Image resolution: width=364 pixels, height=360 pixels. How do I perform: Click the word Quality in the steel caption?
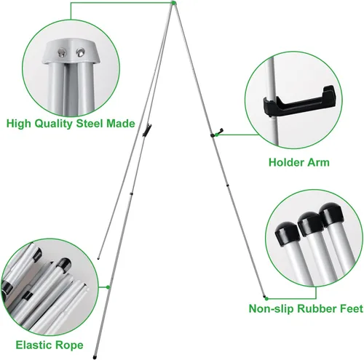pos(53,124)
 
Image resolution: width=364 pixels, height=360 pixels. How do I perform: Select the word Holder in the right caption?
pos(286,162)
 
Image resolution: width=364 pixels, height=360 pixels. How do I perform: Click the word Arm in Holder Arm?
pos(318,162)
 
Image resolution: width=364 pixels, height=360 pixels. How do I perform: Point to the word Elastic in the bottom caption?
pos(33,345)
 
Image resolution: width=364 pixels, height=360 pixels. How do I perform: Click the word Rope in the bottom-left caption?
pos(69,345)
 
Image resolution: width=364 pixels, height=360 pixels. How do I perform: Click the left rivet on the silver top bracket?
pos(62,52)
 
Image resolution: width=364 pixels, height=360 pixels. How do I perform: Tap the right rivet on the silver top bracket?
pos(80,52)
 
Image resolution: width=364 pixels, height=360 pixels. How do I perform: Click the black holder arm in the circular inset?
pos(300,101)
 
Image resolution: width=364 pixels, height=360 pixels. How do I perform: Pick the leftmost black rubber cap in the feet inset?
pos(288,233)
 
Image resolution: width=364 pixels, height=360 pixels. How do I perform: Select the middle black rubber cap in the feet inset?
pos(310,223)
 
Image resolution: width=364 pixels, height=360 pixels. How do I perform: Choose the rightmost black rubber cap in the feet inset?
pos(331,215)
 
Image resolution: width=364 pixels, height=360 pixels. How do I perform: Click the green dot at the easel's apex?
pos(173,3)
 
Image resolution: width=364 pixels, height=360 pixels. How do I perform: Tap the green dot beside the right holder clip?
pos(217,135)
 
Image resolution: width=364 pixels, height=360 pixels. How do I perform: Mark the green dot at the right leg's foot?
pos(266,298)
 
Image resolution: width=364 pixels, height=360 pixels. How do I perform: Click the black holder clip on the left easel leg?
pos(147,129)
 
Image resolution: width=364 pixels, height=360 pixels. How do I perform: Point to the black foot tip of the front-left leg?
pos(94,357)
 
